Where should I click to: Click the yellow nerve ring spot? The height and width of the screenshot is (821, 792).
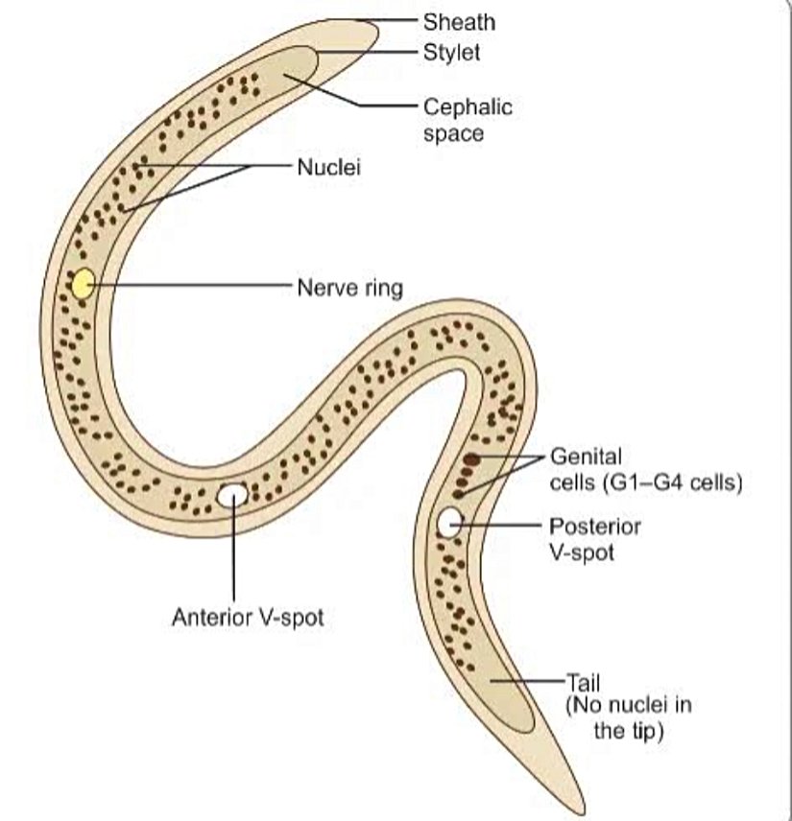[84, 284]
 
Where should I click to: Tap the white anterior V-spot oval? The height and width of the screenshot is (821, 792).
[232, 495]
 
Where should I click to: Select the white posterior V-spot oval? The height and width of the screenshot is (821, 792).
[450, 522]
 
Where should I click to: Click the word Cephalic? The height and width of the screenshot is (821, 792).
[468, 106]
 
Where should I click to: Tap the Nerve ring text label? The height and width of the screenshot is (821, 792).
[350, 287]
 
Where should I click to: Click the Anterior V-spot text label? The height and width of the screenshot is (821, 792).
[248, 618]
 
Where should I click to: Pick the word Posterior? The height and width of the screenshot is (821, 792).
[595, 527]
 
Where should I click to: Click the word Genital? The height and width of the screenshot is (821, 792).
[587, 456]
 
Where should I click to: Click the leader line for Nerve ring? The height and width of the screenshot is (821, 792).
[192, 285]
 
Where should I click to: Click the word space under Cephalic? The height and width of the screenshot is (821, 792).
[453, 133]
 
